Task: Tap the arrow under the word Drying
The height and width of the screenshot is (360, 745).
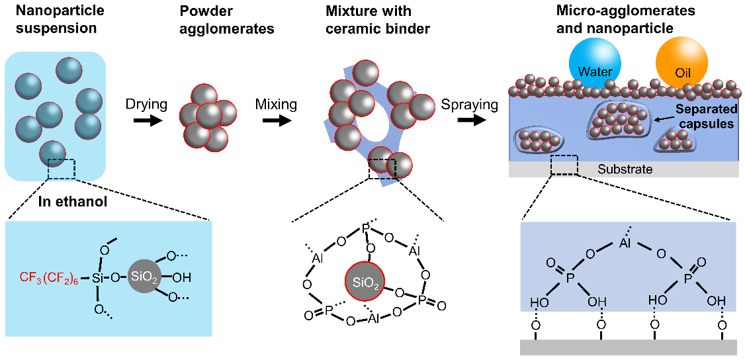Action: (146, 120)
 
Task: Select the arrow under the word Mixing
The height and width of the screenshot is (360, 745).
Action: (275, 120)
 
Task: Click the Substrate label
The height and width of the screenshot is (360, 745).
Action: (625, 169)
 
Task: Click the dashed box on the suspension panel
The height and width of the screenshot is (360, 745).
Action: (61, 168)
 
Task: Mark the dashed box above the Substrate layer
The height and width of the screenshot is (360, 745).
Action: (564, 165)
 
